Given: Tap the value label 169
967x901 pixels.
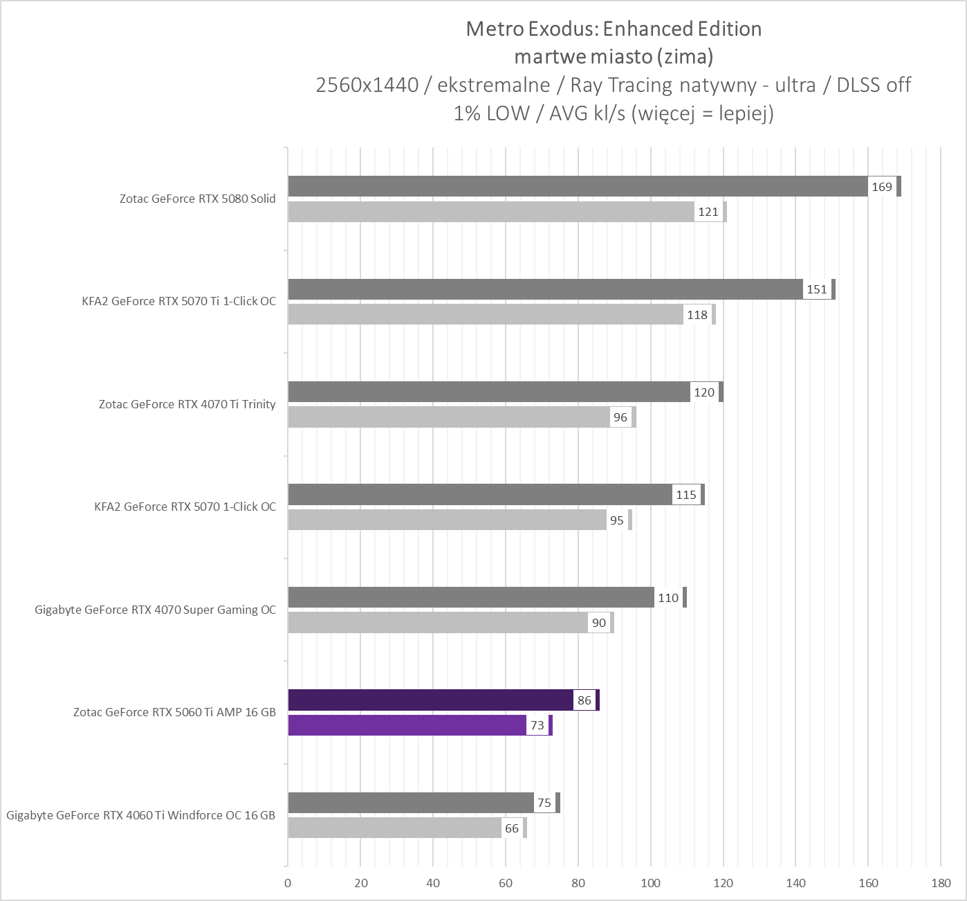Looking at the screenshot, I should click(x=882, y=187).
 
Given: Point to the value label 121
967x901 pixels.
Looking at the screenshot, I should click(x=708, y=212).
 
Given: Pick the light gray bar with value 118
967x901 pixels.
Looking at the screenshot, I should click(x=485, y=315).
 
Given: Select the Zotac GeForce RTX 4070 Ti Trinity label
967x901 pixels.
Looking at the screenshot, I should click(x=187, y=404).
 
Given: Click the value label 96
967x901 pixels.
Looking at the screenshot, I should click(x=620, y=417).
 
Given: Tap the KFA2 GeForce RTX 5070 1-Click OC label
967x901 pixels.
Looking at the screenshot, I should click(x=185, y=507).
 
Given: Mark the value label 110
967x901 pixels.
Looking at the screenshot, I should click(x=668, y=598).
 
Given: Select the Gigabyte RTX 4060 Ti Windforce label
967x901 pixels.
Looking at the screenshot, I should click(x=141, y=815).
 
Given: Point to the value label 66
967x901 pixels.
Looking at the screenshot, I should click(x=512, y=828).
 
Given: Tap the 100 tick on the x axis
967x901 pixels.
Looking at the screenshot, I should click(x=650, y=883).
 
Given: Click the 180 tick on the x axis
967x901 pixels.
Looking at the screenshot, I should click(x=941, y=883).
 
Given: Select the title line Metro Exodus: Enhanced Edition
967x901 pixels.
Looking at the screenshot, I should click(x=614, y=29).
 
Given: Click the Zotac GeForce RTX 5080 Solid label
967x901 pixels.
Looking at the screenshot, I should click(x=197, y=199).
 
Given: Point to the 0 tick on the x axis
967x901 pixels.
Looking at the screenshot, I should click(x=288, y=883).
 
